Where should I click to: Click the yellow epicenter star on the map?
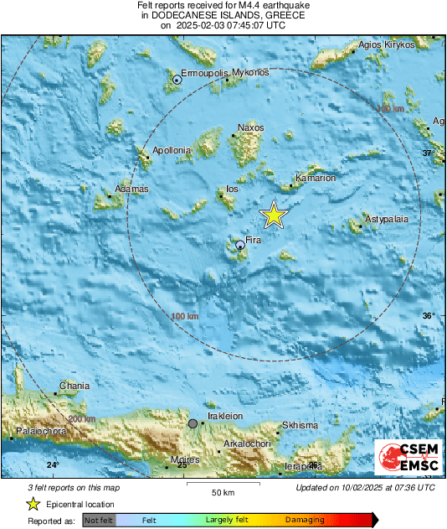tap(274, 215)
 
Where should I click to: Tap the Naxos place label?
tap(250, 127)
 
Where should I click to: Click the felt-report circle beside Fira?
tap(240, 245)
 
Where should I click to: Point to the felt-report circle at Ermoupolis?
tap(177, 80)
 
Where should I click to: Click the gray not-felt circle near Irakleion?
tap(193, 424)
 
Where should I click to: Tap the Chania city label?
tap(74, 386)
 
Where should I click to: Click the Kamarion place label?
tap(316, 178)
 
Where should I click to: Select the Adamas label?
tap(131, 189)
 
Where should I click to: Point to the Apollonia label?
tap(172, 151)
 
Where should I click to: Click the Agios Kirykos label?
tap(388, 44)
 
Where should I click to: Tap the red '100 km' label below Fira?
tap(185, 316)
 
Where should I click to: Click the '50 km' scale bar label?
tap(221, 491)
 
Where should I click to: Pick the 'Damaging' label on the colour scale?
tap(306, 521)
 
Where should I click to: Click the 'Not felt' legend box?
tap(100, 521)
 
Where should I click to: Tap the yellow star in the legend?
tap(33, 504)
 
